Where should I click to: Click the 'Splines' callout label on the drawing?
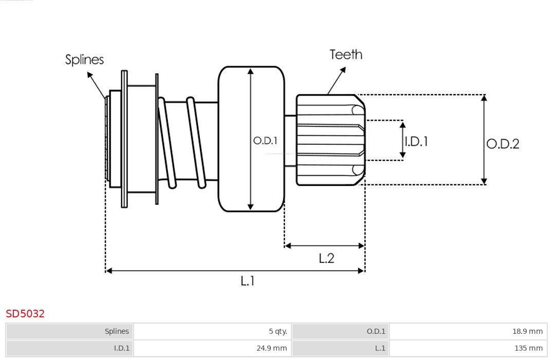click(84, 60)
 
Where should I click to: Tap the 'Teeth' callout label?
click(346, 54)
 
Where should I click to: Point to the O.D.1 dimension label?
click(265, 140)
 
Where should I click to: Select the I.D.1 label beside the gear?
click(416, 141)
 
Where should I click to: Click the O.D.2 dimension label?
click(503, 144)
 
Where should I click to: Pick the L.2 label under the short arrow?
click(326, 258)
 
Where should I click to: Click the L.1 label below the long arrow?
click(248, 280)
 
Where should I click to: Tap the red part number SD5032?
click(25, 313)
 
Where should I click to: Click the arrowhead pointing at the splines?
click(89, 75)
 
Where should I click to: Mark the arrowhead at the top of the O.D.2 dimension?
click(484, 98)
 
